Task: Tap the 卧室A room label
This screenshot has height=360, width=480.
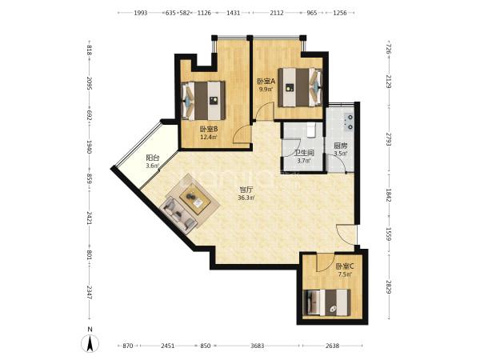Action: pyautogui.click(x=266, y=82)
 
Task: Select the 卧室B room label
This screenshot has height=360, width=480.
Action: pyautogui.click(x=209, y=130)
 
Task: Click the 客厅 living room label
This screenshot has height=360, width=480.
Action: pyautogui.click(x=246, y=190)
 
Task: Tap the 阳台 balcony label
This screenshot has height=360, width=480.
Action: pyautogui.click(x=153, y=158)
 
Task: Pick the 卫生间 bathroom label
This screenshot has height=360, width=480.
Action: pyautogui.click(x=303, y=153)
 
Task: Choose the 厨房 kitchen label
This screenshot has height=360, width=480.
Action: pyautogui.click(x=340, y=146)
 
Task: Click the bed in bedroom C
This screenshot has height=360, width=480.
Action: pyautogui.click(x=326, y=302)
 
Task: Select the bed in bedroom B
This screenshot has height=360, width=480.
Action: pyautogui.click(x=203, y=101)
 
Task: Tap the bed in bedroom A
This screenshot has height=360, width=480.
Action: pyautogui.click(x=300, y=87)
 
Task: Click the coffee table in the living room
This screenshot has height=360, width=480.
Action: pyautogui.click(x=195, y=199)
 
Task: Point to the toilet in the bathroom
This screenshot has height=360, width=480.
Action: pyautogui.click(x=310, y=130)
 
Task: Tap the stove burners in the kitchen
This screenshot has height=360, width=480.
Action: pyautogui.click(x=349, y=122)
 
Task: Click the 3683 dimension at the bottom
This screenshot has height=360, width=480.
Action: pyautogui.click(x=257, y=346)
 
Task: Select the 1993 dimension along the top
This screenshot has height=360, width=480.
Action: pyautogui.click(x=141, y=13)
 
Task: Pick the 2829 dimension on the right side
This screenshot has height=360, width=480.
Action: pyautogui.click(x=389, y=286)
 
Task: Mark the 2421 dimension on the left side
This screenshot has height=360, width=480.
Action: pyautogui.click(x=89, y=218)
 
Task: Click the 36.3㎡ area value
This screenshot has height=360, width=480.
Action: pyautogui.click(x=246, y=198)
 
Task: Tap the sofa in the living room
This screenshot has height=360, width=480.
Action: pyautogui.click(x=179, y=216)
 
